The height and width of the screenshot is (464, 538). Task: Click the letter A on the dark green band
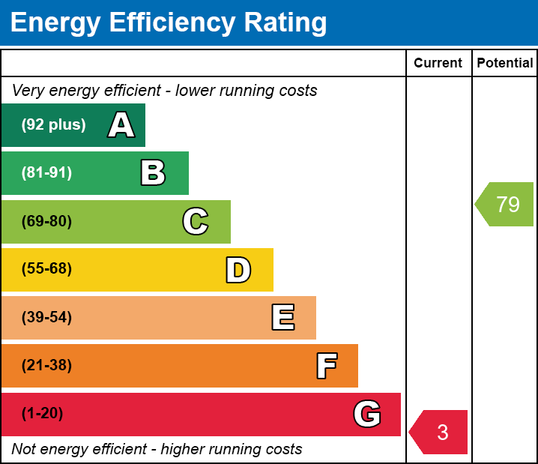(x=121, y=125)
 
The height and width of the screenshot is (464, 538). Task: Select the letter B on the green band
(x=153, y=173)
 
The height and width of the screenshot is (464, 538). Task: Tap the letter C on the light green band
(x=196, y=221)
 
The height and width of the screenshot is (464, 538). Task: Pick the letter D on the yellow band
(x=238, y=270)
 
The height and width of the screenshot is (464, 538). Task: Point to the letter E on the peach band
(x=282, y=318)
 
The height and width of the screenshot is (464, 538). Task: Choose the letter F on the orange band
(x=326, y=366)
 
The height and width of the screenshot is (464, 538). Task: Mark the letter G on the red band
(x=367, y=414)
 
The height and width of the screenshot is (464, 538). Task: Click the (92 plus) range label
(x=53, y=125)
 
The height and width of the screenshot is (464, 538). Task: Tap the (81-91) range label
(x=46, y=173)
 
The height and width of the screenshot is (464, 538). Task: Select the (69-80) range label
(x=46, y=221)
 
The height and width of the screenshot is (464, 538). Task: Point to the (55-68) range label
(x=46, y=269)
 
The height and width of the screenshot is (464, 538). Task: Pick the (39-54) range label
(x=46, y=318)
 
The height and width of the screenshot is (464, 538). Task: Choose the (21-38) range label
(x=46, y=366)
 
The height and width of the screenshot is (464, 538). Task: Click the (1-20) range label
(x=42, y=414)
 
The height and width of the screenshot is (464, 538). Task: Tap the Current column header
(x=438, y=64)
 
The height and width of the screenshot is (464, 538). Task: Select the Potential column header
(x=505, y=64)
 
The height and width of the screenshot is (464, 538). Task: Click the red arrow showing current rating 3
(x=440, y=433)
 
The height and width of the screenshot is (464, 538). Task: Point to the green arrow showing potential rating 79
(x=506, y=204)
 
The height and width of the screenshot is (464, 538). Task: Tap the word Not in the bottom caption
(x=23, y=449)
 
